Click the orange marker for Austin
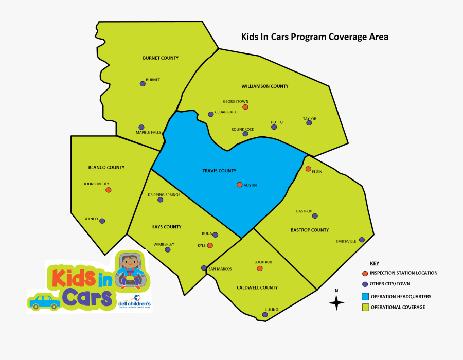click(x=239, y=185)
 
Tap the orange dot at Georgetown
click(x=245, y=107)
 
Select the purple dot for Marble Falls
click(x=141, y=127)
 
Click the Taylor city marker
click(x=309, y=123)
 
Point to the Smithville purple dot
click(x=362, y=240)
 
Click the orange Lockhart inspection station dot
click(x=260, y=268)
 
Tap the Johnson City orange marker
click(x=109, y=190)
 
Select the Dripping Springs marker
click(x=161, y=200)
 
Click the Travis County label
click(x=219, y=171)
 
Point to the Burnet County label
click(x=161, y=58)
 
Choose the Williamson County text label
click(x=265, y=86)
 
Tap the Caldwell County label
click(x=257, y=287)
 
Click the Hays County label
click(x=166, y=227)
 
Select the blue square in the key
click(x=365, y=297)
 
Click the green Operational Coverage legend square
click(x=365, y=307)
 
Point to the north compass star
click(x=336, y=303)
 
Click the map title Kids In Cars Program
click(x=314, y=37)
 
